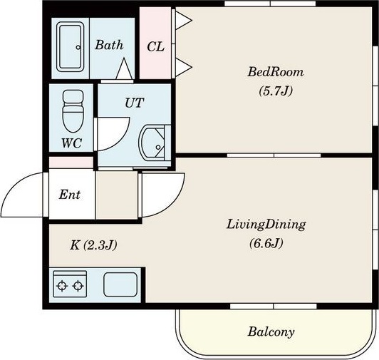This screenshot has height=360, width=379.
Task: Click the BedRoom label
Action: click(x=275, y=72)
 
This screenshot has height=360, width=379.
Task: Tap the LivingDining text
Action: click(x=266, y=225)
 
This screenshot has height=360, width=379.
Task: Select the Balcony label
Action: click(x=271, y=331)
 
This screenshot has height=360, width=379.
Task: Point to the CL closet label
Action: click(x=155, y=46)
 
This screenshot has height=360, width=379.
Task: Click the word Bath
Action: click(x=109, y=45)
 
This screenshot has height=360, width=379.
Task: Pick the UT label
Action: click(x=135, y=103)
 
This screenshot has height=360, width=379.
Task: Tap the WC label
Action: click(x=71, y=143)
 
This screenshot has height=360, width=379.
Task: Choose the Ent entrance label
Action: click(x=70, y=195)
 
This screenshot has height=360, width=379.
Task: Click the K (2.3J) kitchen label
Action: click(x=93, y=245)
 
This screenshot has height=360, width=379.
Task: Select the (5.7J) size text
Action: click(x=276, y=91)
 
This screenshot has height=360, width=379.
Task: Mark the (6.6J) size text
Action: click(x=266, y=243)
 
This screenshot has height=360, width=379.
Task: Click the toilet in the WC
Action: click(x=73, y=110)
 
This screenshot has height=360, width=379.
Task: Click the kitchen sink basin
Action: click(x=120, y=284)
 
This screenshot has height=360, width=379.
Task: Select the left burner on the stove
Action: click(x=62, y=286)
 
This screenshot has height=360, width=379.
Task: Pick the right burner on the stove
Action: click(x=78, y=286)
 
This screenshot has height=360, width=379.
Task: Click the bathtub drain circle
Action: click(x=78, y=48)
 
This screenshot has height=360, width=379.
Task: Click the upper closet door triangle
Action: click(x=182, y=21)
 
